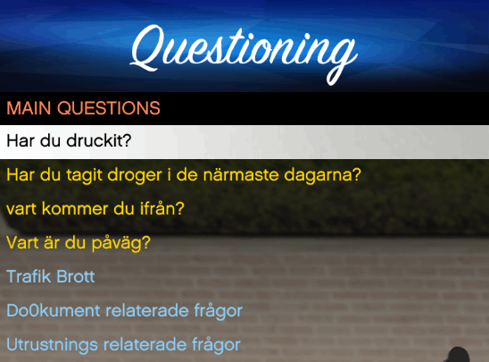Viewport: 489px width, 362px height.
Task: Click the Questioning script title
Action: tap(244, 54)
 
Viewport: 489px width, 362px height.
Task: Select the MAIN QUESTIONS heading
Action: tap(83, 108)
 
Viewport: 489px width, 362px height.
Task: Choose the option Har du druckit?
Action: tap(69, 141)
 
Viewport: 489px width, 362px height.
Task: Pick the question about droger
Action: tap(184, 174)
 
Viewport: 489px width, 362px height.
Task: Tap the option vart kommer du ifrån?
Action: tap(95, 208)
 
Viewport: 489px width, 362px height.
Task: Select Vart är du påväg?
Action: tap(79, 243)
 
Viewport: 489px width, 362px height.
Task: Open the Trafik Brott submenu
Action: tap(51, 276)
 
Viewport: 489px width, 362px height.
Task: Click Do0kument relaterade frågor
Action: tap(124, 311)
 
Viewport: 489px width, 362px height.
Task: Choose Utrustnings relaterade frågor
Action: tap(123, 345)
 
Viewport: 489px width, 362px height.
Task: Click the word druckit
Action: tap(99, 141)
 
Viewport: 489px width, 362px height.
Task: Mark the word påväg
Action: tap(121, 244)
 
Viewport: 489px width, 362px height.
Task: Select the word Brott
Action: tap(76, 276)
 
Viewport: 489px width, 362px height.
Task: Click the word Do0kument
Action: tap(53, 310)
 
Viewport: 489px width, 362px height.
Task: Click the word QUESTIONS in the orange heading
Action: tap(109, 108)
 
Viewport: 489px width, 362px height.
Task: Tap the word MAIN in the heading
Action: tap(29, 108)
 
